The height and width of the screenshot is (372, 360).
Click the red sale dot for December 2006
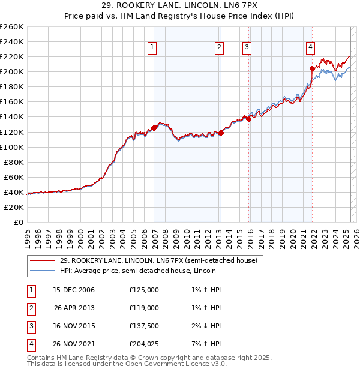pos(154,128)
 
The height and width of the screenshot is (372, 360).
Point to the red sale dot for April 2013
pos(221,133)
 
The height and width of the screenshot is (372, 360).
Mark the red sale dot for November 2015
pos(248,119)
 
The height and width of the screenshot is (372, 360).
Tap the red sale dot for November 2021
pos(312,68)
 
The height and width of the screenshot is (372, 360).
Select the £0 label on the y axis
pos(18,222)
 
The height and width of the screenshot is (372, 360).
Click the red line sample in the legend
pos(42,260)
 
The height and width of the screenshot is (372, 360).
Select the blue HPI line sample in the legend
pos(42,271)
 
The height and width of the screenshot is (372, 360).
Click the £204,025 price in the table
pos(144,344)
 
